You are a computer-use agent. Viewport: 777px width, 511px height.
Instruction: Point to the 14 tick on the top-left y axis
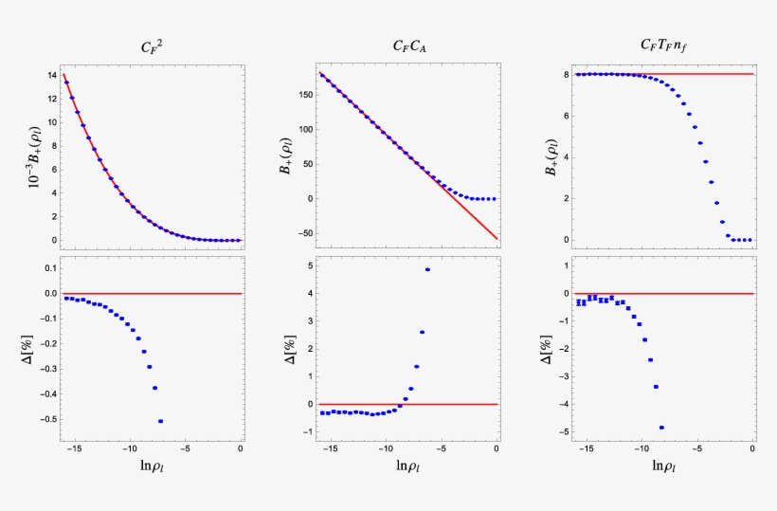(49, 74)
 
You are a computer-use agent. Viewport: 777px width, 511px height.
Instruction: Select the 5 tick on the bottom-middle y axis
(309, 265)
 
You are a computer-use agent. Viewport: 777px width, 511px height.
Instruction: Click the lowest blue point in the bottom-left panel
(160, 421)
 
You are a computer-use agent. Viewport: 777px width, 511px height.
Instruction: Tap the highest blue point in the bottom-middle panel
(427, 269)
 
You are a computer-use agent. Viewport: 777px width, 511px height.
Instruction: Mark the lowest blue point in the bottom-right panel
(661, 428)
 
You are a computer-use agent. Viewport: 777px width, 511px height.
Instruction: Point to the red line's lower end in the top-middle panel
(497, 238)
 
